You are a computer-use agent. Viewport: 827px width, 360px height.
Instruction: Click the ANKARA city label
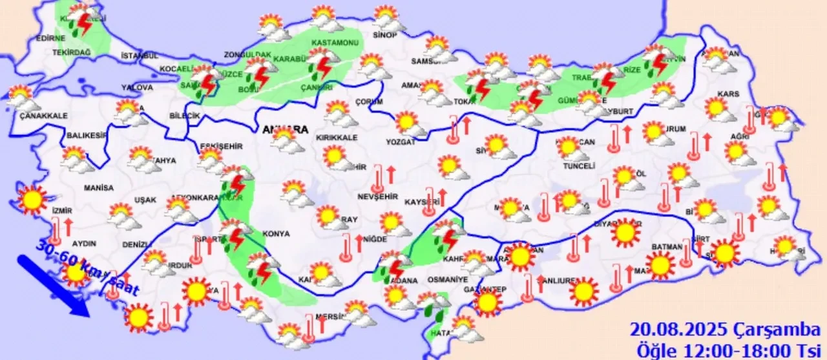(x=285, y=129)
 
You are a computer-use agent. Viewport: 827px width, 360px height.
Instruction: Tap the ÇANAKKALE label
(x=26, y=116)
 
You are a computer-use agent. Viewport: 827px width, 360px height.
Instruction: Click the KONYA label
(x=277, y=233)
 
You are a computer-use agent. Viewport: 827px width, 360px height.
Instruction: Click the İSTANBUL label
(x=139, y=56)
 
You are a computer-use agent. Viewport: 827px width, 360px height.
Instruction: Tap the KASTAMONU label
(x=335, y=43)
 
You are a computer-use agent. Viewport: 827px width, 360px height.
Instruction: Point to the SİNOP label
(x=384, y=35)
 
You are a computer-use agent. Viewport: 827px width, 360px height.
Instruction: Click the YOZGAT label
(x=401, y=142)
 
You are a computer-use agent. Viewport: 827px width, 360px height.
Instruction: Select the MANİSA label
(x=98, y=188)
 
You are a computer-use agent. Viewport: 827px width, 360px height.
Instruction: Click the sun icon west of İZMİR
(x=32, y=200)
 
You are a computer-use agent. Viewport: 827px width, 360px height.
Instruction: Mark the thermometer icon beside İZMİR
(x=56, y=229)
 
